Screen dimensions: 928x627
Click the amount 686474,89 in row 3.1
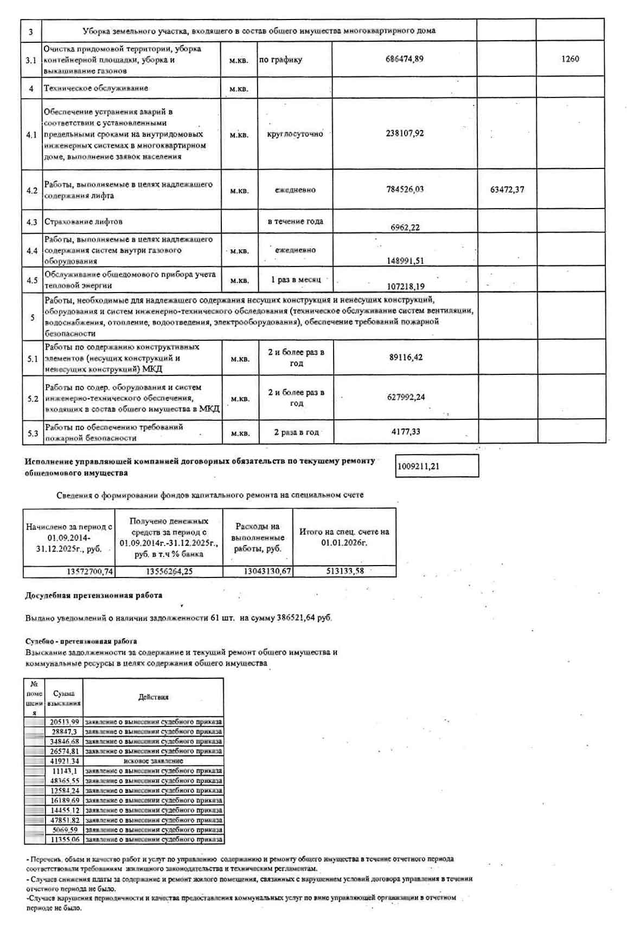tap(404, 59)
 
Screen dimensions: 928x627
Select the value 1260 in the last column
tap(570, 59)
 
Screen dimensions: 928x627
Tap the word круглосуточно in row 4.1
tap(295, 134)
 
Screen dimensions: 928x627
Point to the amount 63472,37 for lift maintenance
tap(507, 190)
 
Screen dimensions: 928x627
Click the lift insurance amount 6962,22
tap(405, 228)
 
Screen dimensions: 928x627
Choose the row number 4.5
tap(32, 280)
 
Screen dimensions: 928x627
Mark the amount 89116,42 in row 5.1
tap(406, 358)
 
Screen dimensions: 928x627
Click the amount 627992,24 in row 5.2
tap(406, 397)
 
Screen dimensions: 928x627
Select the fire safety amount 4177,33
tap(406, 432)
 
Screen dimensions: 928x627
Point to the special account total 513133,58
tap(345, 571)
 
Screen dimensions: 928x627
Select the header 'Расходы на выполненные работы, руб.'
tap(258, 537)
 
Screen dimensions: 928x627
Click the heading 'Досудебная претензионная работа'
tap(93, 595)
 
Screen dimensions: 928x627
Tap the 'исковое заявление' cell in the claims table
tap(153, 761)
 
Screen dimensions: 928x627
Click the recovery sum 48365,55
tap(65, 781)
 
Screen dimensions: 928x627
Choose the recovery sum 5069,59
tap(65, 829)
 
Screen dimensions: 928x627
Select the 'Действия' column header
tap(153, 697)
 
